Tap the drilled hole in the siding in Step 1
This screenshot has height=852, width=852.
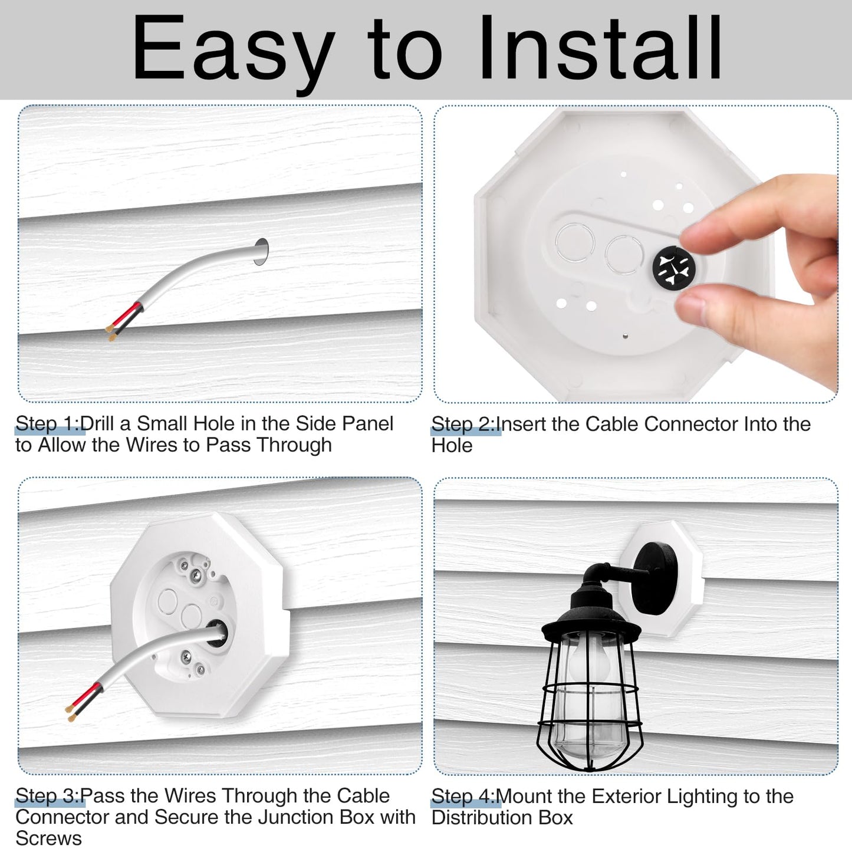pos(261,252)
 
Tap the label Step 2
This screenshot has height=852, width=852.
pos(463,424)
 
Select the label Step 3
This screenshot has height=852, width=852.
pos(47,796)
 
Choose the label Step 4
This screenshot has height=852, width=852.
pos(463,797)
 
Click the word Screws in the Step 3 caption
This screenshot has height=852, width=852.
pos(48,838)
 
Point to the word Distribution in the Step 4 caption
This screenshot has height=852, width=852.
pos(482,818)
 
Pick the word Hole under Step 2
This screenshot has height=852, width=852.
pos(452,445)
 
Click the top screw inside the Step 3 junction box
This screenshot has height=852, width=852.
pos(195,575)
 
